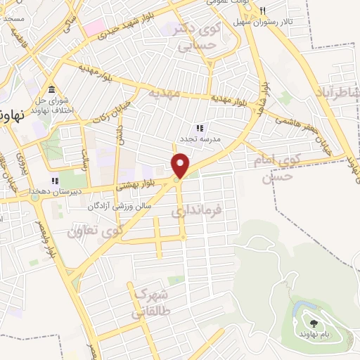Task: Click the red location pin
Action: click(x=181, y=166)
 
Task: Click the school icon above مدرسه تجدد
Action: click(x=200, y=128)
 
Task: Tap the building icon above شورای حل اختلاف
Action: click(x=51, y=90)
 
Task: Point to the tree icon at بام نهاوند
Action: click(x=312, y=323)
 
